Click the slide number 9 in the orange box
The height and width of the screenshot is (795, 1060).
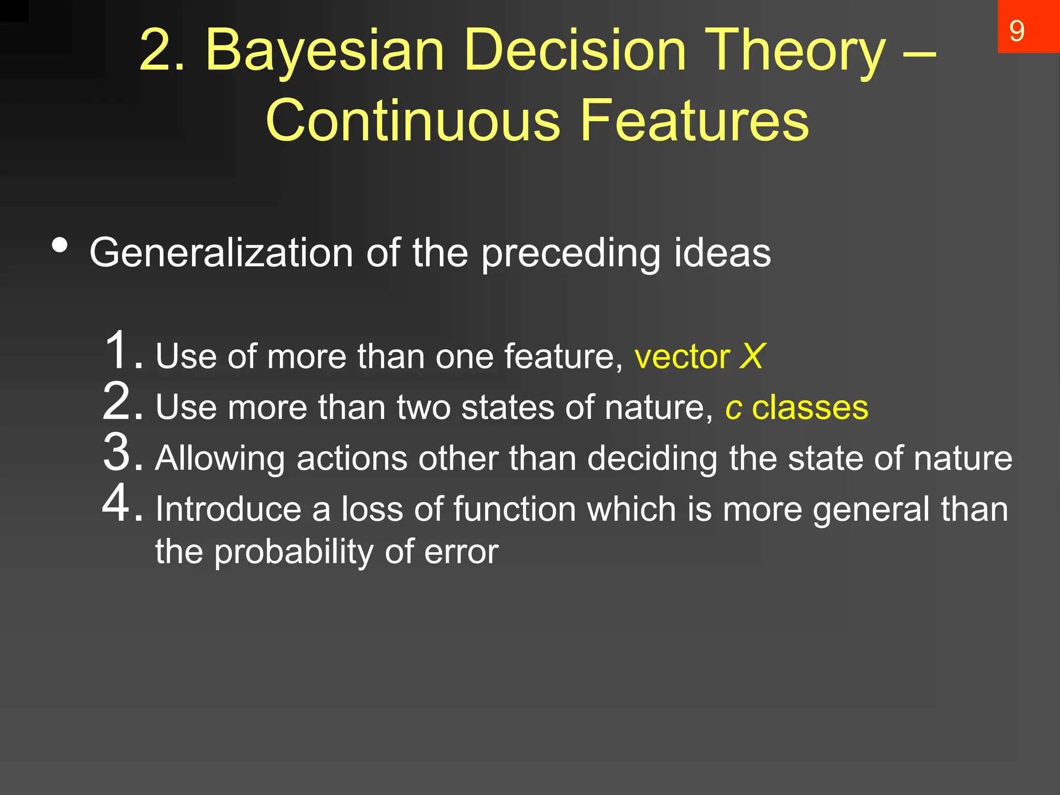coord(1017,31)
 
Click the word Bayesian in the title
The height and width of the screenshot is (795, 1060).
coord(325,51)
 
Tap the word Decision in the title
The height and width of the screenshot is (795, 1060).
coord(575,51)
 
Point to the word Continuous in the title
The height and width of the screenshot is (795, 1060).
coord(413,120)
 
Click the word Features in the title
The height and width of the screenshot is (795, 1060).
coord(694,120)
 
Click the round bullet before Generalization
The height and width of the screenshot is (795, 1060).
coord(60,246)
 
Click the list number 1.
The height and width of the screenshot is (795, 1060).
coord(120,350)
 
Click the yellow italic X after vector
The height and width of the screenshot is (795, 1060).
coord(752,357)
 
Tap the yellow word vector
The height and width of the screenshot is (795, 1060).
coord(682,357)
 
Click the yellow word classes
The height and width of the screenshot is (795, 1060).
coord(809,407)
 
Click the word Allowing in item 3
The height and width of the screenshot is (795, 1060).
coord(220,459)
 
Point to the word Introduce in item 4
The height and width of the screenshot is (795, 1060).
coord(228,509)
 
